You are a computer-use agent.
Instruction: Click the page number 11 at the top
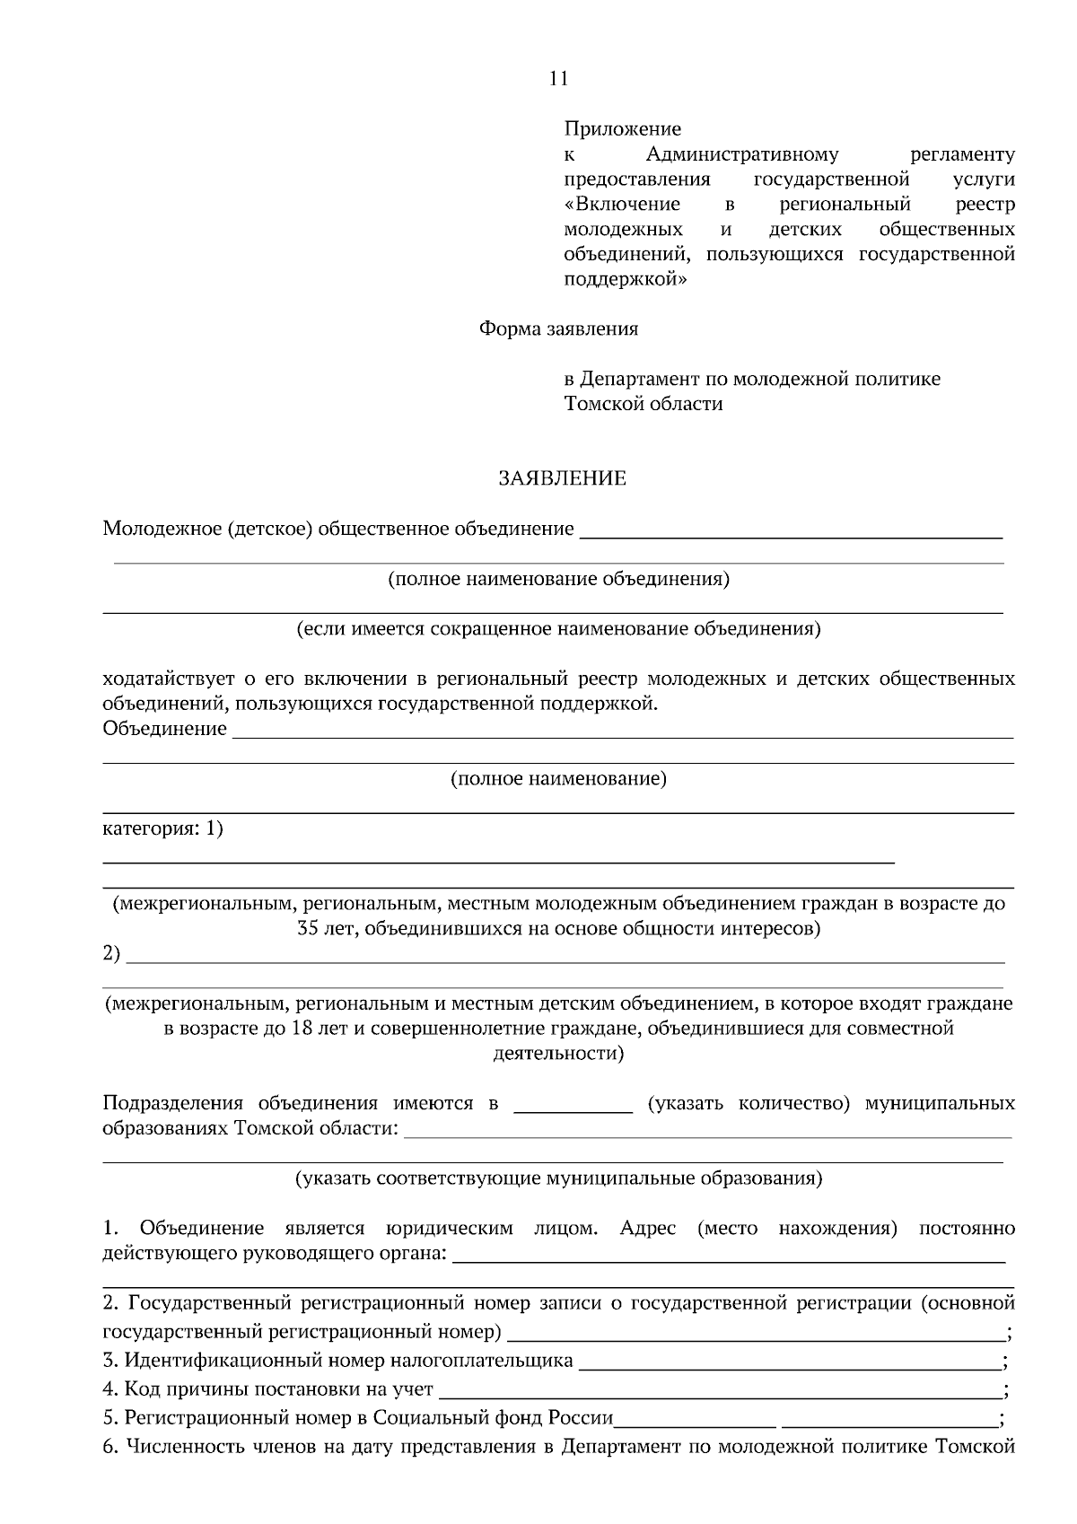pos(558,79)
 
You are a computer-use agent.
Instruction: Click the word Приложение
pos(622,129)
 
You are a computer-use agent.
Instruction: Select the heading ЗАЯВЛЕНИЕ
pos(562,478)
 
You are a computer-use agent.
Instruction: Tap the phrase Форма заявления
pos(558,328)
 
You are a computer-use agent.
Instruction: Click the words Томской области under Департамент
pos(643,404)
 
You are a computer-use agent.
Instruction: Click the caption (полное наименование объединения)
pos(558,579)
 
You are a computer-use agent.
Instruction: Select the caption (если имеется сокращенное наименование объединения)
pos(558,628)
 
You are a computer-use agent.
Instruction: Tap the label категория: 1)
pos(162,828)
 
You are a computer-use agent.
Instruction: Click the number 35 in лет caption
pos(309,928)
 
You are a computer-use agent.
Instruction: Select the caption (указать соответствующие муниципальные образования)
pos(558,1178)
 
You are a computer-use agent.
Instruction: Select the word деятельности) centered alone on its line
pos(558,1053)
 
